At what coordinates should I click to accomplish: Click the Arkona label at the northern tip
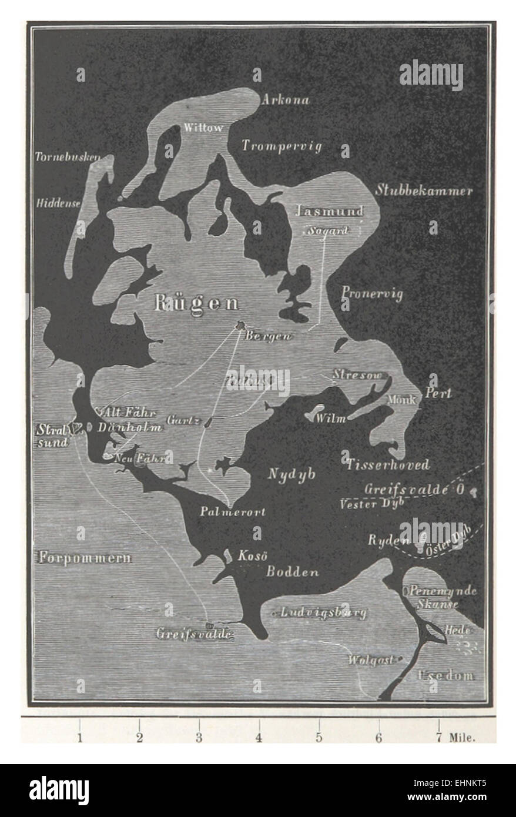point(286,99)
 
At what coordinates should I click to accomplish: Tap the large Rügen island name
point(197,303)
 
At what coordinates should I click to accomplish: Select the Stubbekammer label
point(424,191)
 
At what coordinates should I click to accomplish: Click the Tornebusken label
point(67,158)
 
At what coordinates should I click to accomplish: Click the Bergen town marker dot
point(240,324)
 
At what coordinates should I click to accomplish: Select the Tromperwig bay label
point(282,146)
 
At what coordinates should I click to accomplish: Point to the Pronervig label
point(372,293)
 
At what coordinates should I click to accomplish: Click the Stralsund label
point(53,435)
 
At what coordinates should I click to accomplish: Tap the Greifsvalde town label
point(195,634)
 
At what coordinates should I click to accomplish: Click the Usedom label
point(445,675)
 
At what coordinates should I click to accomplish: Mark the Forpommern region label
point(85,558)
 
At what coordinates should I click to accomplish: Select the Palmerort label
point(232,511)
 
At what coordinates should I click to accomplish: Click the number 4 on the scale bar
point(259,738)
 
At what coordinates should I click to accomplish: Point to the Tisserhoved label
point(387,465)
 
